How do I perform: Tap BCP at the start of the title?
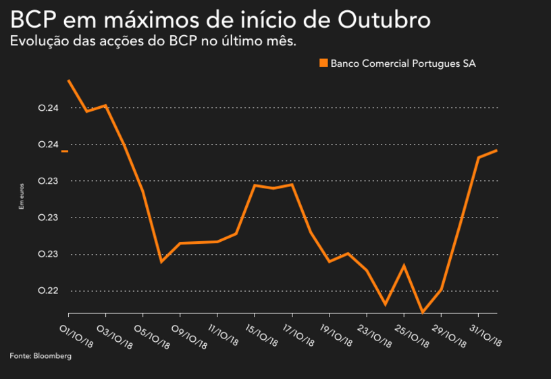point(31,20)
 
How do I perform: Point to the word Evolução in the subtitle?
point(37,41)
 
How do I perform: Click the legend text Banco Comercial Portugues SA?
point(403,64)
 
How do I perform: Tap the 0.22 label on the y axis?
point(49,291)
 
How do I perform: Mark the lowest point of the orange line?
point(423,312)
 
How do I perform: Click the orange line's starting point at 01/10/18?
point(69,80)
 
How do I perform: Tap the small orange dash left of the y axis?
point(65,151)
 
